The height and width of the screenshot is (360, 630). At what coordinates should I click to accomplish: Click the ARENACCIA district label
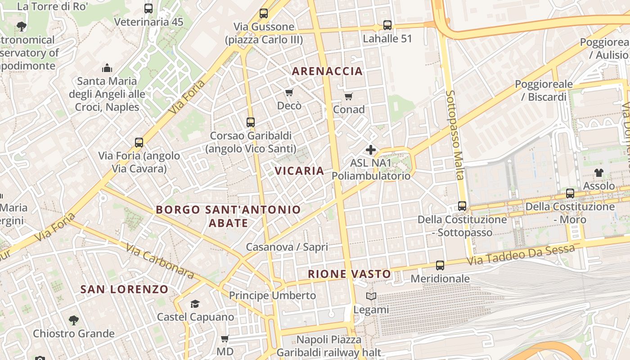pyautogui.click(x=327, y=71)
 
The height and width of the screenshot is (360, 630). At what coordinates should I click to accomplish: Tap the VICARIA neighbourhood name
pyautogui.click(x=299, y=171)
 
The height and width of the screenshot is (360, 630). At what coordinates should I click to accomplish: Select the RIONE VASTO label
pyautogui.click(x=350, y=274)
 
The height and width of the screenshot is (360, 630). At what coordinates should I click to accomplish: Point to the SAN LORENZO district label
pyautogui.click(x=124, y=289)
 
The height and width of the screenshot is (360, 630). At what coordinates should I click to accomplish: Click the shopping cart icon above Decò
pyautogui.click(x=289, y=93)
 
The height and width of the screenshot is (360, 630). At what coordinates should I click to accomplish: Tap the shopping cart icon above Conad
pyautogui.click(x=348, y=96)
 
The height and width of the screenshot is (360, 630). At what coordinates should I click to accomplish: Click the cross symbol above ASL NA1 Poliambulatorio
pyautogui.click(x=371, y=150)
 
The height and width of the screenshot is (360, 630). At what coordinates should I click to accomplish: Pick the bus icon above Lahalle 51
pyautogui.click(x=387, y=25)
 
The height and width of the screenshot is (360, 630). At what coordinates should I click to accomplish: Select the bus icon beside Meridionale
pyautogui.click(x=440, y=265)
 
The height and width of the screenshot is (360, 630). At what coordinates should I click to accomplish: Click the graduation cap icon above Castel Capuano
pyautogui.click(x=195, y=304)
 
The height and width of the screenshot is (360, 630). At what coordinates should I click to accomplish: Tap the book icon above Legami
pyautogui.click(x=371, y=297)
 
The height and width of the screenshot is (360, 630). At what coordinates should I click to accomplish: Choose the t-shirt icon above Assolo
pyautogui.click(x=598, y=172)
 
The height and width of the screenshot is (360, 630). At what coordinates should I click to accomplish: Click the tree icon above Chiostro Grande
pyautogui.click(x=74, y=320)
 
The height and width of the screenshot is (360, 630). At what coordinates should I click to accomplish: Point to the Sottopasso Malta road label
pyautogui.click(x=454, y=135)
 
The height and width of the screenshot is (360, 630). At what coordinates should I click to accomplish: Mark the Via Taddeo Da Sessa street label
pyautogui.click(x=521, y=255)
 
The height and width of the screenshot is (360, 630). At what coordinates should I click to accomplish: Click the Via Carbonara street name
pyautogui.click(x=160, y=261)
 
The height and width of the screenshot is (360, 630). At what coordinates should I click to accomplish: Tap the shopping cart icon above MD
pyautogui.click(x=225, y=338)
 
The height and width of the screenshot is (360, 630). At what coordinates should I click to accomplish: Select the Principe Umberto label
pyautogui.click(x=272, y=296)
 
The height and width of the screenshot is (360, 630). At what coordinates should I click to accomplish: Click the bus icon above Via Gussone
pyautogui.click(x=264, y=13)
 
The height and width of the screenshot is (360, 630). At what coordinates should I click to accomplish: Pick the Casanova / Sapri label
pyautogui.click(x=287, y=247)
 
